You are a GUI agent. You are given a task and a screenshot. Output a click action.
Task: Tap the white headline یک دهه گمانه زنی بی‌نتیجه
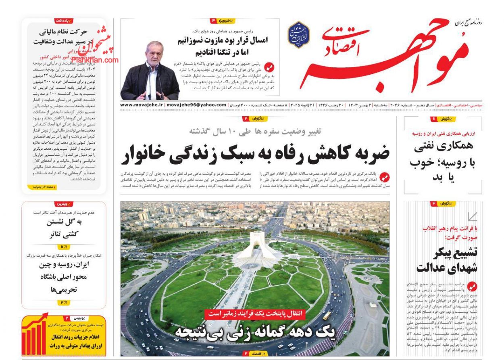(256, 332)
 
